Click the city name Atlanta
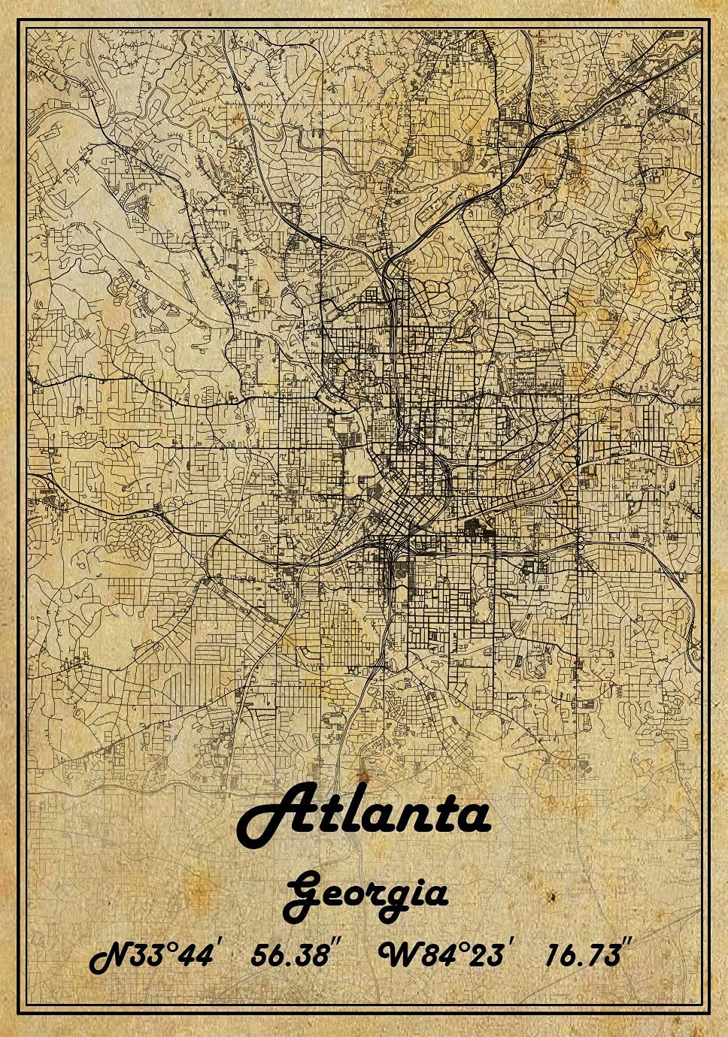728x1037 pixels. coord(364,815)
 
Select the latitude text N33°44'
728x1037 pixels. coord(153,957)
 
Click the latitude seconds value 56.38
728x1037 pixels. coord(289,955)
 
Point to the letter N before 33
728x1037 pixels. coord(110,958)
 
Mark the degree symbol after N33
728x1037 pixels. coord(171,948)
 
